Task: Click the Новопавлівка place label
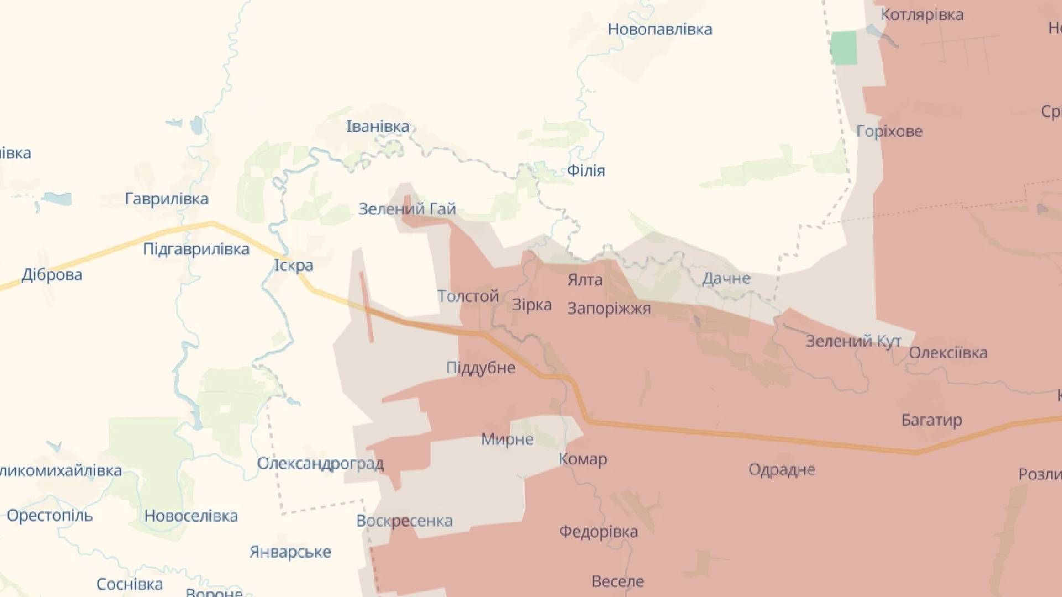tap(659, 29)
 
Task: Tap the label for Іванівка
tap(378, 127)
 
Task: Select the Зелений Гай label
tap(407, 209)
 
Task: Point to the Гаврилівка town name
tap(166, 199)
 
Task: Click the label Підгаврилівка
tap(196, 249)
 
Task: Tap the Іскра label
tap(294, 266)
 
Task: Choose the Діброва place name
tap(52, 275)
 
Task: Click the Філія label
tap(586, 171)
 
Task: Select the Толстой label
tap(468, 296)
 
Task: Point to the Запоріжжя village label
tap(609, 308)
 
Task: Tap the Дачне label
tap(726, 279)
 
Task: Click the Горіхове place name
tap(889, 132)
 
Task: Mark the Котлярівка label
tap(922, 15)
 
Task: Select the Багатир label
tap(931, 421)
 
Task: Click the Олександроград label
tap(320, 463)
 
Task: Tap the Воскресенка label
tap(404, 521)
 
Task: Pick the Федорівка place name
tap(598, 532)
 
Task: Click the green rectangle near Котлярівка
tap(844, 48)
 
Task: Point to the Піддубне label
tap(481, 368)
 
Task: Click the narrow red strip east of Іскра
tap(366, 307)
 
